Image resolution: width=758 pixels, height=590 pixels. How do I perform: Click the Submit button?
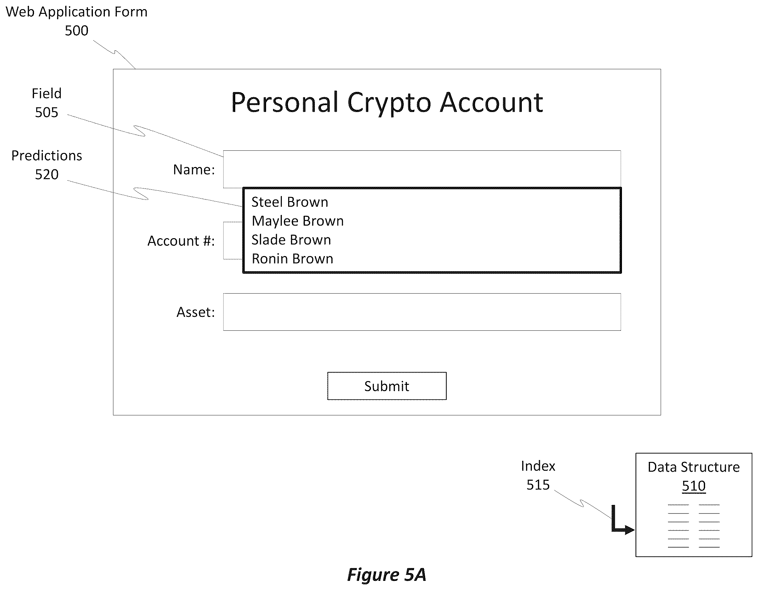click(387, 386)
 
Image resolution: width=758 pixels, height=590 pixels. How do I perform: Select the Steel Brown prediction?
click(290, 202)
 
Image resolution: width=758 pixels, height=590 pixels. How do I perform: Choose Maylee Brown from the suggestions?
click(298, 221)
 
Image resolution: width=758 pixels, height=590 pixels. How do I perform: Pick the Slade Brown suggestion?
click(291, 240)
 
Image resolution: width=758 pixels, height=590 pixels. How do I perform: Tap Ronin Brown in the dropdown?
click(292, 259)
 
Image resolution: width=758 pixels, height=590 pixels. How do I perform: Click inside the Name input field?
click(422, 169)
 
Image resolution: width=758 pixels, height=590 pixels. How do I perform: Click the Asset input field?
click(422, 312)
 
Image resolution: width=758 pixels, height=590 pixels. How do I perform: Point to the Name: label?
click(194, 170)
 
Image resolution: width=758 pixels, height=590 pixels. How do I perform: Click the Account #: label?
click(181, 241)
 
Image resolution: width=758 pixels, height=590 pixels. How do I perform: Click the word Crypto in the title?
click(389, 103)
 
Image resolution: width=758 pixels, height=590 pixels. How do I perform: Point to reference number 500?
click(76, 31)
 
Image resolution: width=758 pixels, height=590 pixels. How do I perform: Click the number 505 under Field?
click(47, 112)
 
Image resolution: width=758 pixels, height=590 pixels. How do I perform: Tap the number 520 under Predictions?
click(47, 174)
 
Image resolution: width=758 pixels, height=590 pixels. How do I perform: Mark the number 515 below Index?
click(538, 485)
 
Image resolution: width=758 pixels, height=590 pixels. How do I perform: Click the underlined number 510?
click(693, 486)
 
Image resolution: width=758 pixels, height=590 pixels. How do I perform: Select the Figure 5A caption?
click(387, 575)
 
